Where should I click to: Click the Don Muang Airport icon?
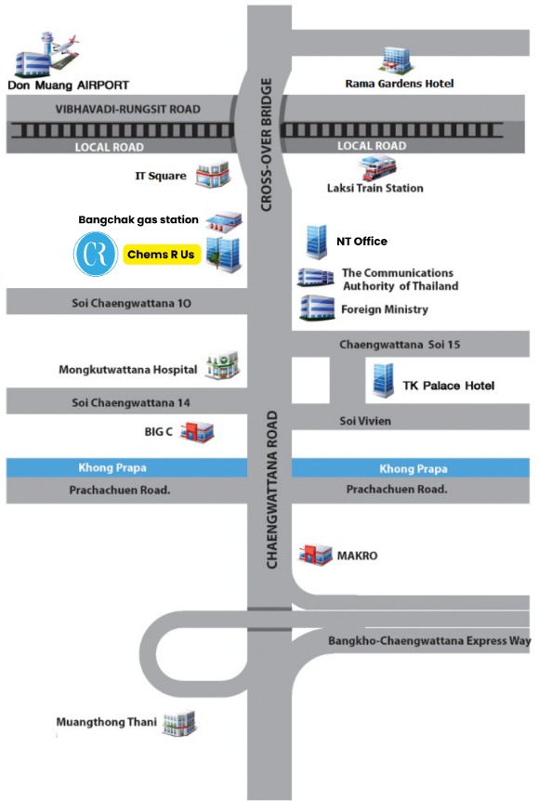46,54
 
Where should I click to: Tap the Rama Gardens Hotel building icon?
397,60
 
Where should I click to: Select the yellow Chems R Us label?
162,255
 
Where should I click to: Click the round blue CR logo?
96,254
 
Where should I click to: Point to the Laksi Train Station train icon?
377,167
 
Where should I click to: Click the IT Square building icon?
213,174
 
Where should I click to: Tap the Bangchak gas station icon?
224,222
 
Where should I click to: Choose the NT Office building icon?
317,242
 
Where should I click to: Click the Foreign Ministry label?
385,309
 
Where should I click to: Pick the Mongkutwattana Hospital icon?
222,365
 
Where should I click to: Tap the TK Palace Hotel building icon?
383,380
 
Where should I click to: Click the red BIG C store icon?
197,432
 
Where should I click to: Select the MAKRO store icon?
315,556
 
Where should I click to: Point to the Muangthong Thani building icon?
179,723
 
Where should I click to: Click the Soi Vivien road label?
365,422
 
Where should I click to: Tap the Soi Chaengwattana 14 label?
131,403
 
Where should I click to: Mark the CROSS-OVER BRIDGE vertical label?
266,145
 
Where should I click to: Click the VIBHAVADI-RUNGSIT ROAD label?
127,110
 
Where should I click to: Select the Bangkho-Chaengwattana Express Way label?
429,641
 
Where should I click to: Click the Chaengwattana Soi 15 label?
400,345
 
